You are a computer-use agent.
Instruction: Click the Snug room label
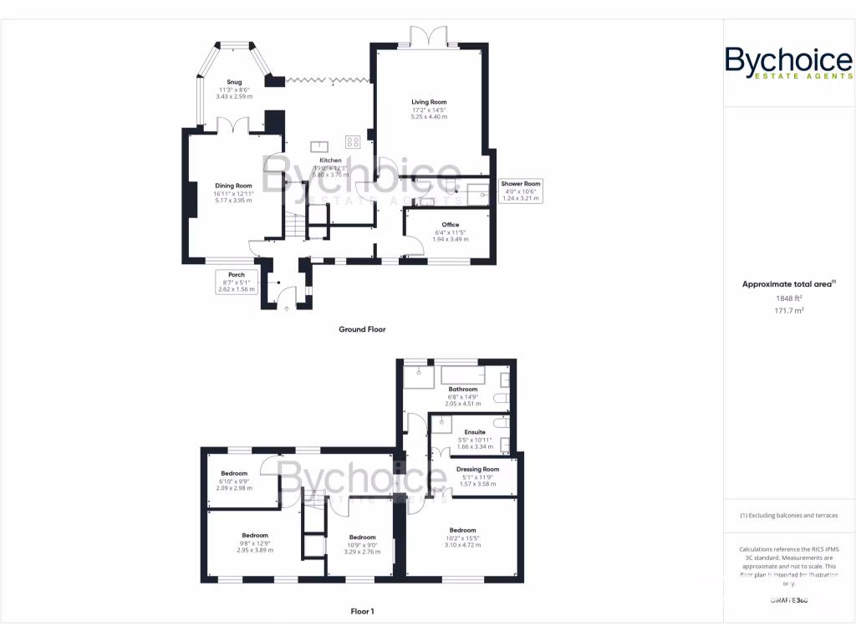pyautogui.click(x=234, y=82)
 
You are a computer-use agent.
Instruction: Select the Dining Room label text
pyautogui.click(x=233, y=186)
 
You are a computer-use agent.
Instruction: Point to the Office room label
pyautogui.click(x=451, y=224)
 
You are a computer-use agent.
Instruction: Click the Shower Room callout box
pyautogui.click(x=521, y=191)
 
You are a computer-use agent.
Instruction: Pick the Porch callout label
pyautogui.click(x=237, y=282)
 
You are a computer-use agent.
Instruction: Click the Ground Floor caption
pyautogui.click(x=362, y=329)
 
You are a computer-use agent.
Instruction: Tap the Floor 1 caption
pyautogui.click(x=362, y=611)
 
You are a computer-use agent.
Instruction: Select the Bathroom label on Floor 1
pyautogui.click(x=462, y=390)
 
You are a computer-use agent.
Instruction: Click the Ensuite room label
pyautogui.click(x=475, y=432)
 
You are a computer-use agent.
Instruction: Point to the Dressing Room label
pyautogui.click(x=477, y=470)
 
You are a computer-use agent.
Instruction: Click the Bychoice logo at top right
pyautogui.click(x=788, y=64)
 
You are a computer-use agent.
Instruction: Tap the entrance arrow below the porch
pyautogui.click(x=287, y=309)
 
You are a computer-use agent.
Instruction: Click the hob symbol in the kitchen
pyautogui.click(x=353, y=142)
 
